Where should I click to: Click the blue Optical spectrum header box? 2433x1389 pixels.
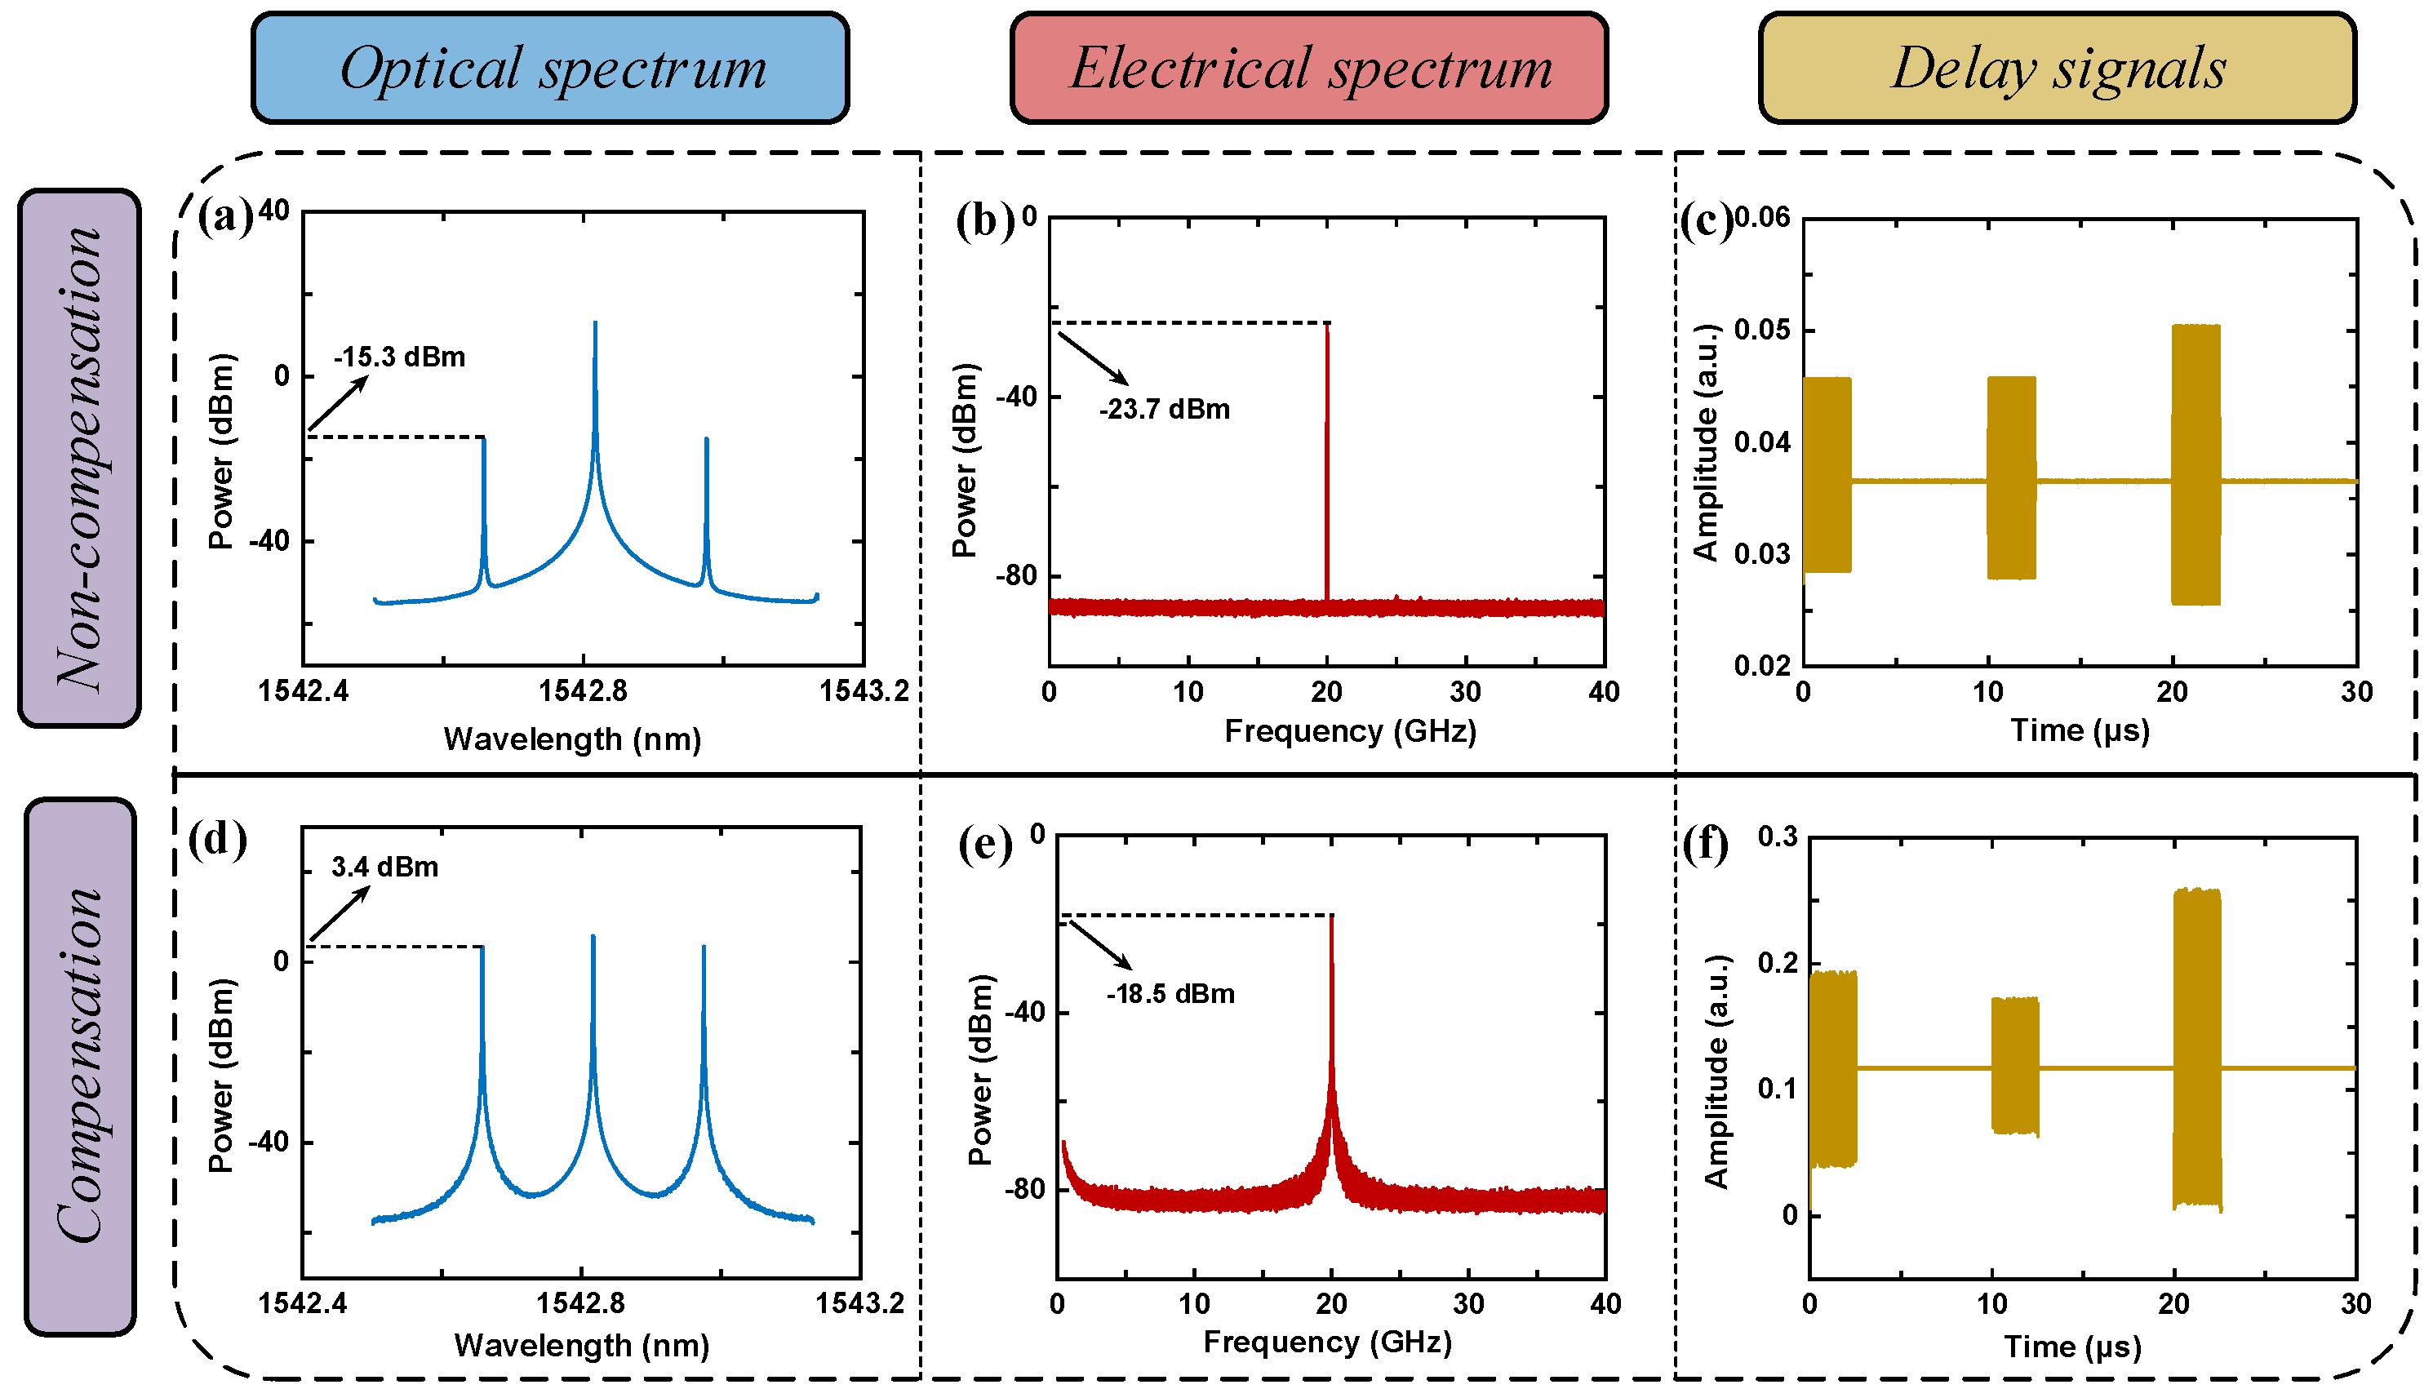point(550,68)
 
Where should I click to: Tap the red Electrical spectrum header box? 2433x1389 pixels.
point(1308,68)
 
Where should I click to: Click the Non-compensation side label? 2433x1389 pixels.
point(79,458)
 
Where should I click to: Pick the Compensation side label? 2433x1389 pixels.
point(79,1066)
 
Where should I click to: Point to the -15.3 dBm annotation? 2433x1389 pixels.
point(400,357)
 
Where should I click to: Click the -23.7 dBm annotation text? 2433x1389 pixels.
point(1164,409)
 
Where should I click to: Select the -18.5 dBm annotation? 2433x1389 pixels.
point(1170,993)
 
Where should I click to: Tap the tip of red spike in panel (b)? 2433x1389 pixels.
point(1326,326)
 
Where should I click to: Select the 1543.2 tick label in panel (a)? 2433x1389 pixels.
point(864,690)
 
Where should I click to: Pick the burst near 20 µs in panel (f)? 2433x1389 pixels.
point(2196,1050)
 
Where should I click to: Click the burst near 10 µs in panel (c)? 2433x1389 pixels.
point(2010,477)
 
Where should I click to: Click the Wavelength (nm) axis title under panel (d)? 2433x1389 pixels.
point(582,1345)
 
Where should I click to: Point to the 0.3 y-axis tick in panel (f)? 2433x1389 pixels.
point(1777,837)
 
